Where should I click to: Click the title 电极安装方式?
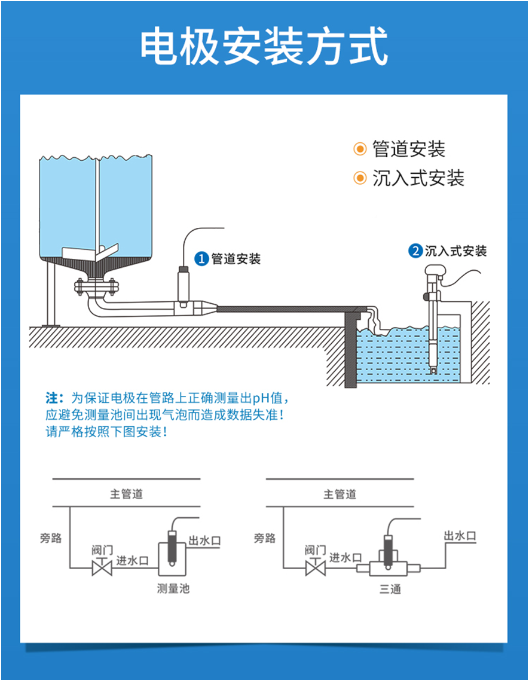(x=264, y=46)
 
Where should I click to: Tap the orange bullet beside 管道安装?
(x=359, y=149)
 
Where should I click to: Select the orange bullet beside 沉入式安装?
(x=359, y=178)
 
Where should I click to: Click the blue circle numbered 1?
(x=201, y=259)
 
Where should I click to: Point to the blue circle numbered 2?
(x=415, y=251)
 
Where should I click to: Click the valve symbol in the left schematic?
(x=102, y=567)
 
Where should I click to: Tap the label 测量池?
(x=173, y=589)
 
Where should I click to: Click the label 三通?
(x=390, y=590)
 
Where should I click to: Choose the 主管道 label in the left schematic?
(x=127, y=494)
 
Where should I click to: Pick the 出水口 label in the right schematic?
(x=460, y=536)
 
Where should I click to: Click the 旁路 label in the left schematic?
(x=51, y=538)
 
